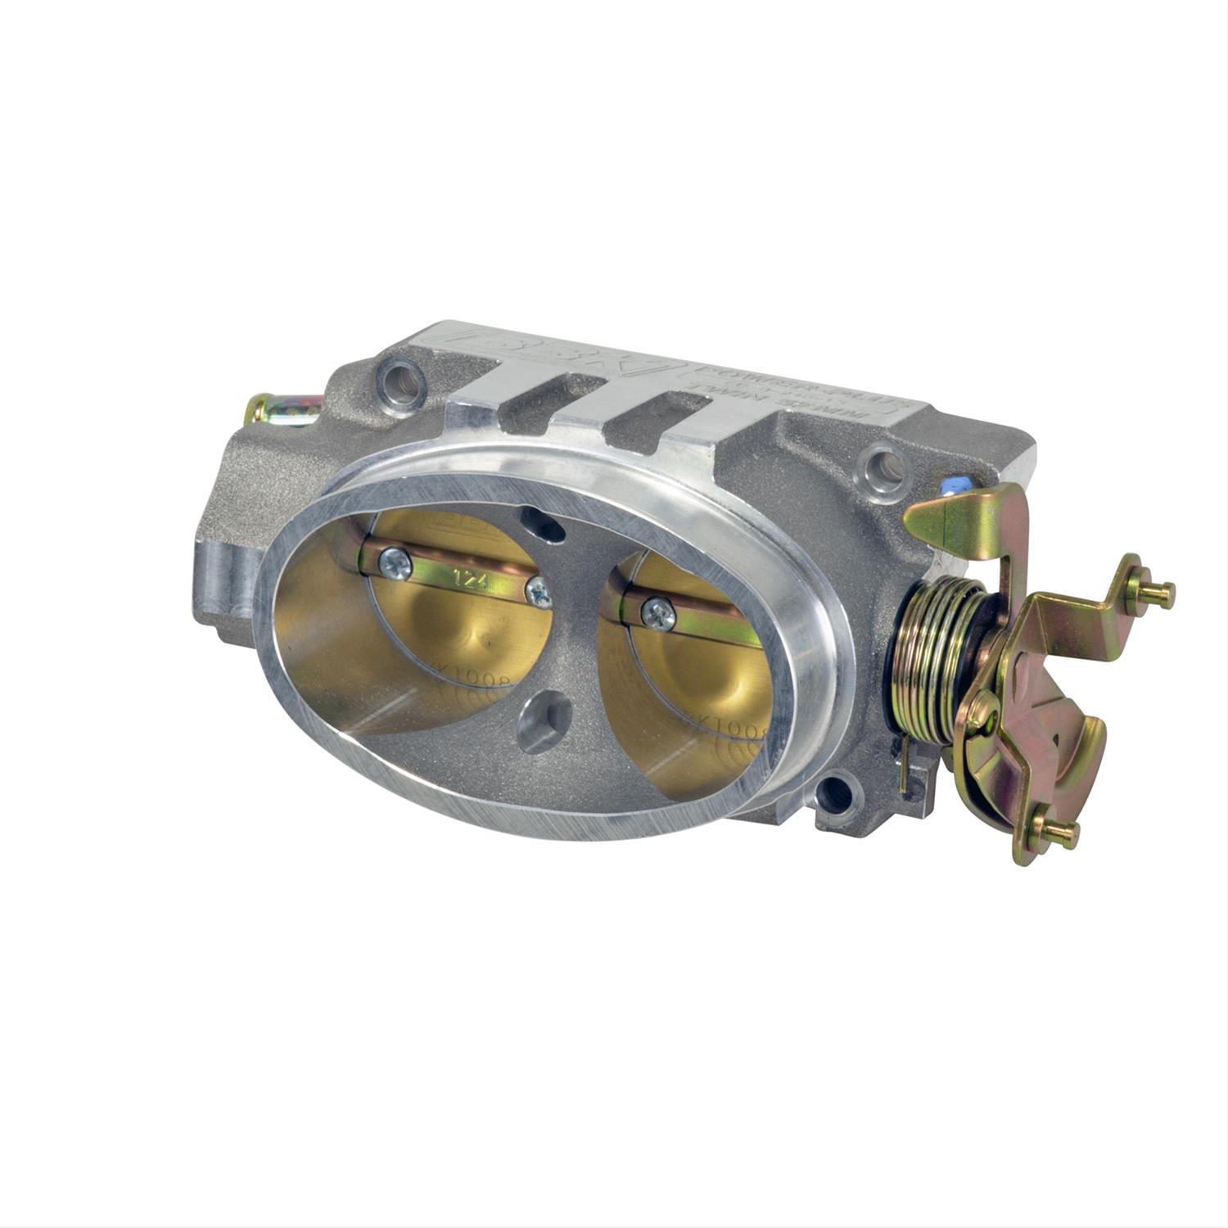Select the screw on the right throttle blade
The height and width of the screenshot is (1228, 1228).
pos(658,612)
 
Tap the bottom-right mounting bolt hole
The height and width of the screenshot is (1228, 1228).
pos(836,792)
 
